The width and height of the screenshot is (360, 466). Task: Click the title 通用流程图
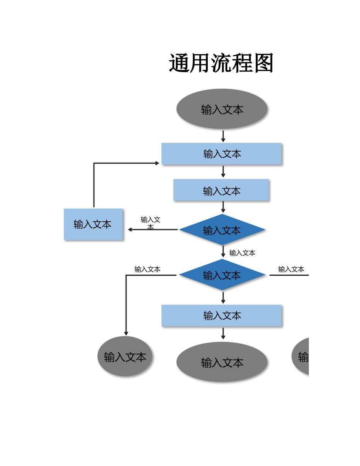coord(221,63)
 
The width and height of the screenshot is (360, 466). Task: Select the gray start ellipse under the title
coord(222,109)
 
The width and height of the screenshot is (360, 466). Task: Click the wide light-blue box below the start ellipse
coord(222,154)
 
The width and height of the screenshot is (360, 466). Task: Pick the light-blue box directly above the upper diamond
coord(221,190)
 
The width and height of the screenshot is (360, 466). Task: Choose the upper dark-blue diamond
coord(222,230)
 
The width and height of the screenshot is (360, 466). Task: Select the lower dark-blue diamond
coord(222,275)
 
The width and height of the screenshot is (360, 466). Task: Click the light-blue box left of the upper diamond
coord(93,224)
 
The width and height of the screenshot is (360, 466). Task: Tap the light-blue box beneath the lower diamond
coord(222,315)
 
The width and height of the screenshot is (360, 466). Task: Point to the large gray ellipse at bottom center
coord(222,362)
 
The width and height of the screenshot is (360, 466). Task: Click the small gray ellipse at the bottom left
coord(125,357)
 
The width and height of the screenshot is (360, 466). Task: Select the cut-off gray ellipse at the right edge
coord(301,357)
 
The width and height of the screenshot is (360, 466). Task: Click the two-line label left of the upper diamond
coord(150,223)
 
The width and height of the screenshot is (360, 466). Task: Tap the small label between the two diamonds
coord(242,253)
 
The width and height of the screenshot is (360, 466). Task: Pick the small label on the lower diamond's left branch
coord(147,269)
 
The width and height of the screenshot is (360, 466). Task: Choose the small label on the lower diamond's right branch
coord(291,269)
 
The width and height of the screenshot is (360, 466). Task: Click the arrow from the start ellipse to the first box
coord(223,136)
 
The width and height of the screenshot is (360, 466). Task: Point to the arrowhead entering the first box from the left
coord(157,163)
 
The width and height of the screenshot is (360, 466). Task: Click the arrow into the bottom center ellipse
coord(223,334)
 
